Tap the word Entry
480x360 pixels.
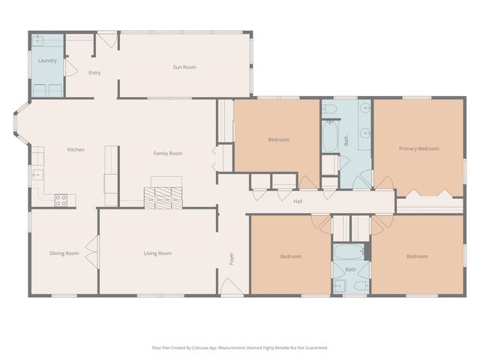point(94,73)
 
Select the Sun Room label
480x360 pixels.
point(184,67)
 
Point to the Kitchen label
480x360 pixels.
point(76,150)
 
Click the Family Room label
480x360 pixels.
point(168,154)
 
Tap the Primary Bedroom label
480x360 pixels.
point(418,148)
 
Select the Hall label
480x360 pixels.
point(298,201)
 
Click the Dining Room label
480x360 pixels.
point(64,253)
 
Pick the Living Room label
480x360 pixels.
point(157,253)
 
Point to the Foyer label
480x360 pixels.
point(232,258)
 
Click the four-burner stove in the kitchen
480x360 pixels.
point(61,199)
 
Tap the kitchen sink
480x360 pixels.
point(36,175)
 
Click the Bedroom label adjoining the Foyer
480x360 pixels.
point(290,256)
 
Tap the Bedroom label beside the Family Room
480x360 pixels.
point(278,139)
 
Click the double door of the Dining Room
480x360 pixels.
point(92,251)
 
